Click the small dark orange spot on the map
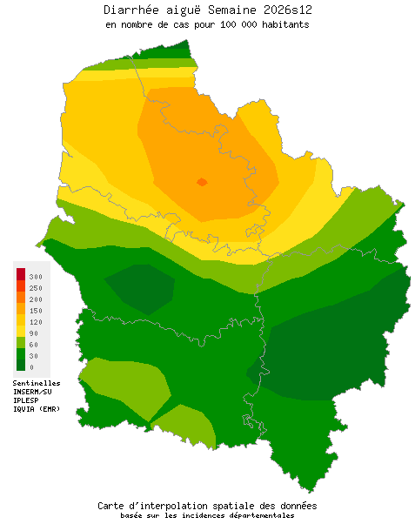[202, 182]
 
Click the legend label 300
[36, 276]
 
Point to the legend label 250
[36, 288]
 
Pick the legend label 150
[36, 311]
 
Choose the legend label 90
[34, 333]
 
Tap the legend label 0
[31, 367]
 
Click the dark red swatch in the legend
[21, 275]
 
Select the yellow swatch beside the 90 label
[21, 332]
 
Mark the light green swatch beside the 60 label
[21, 343]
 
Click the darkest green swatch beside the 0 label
[21, 366]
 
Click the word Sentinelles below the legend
[37, 383]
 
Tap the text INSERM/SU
[34, 392]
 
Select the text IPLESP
[26, 400]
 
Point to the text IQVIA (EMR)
[37, 409]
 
